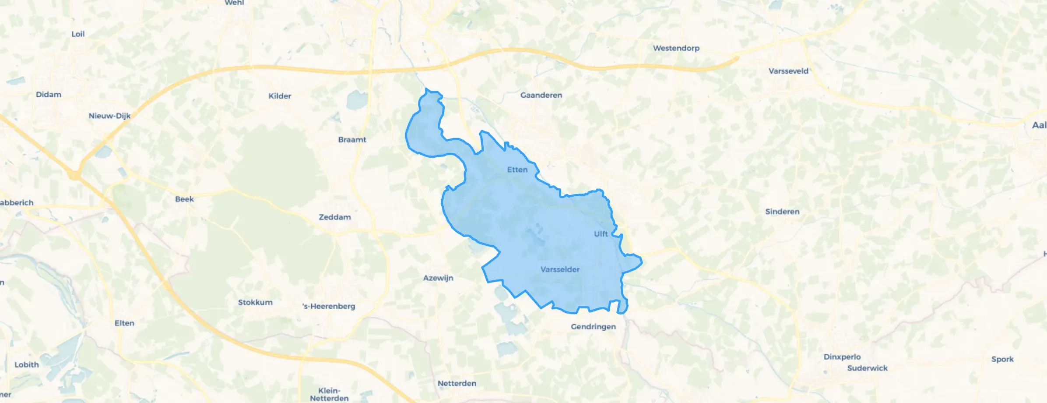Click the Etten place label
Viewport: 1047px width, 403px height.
point(517,170)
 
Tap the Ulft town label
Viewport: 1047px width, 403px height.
point(601,234)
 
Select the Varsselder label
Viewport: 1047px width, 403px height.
point(560,269)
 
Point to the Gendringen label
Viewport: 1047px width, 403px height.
point(593,327)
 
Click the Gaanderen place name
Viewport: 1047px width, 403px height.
point(541,95)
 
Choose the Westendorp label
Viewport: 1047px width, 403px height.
point(676,48)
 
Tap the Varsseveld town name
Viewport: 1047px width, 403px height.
point(788,71)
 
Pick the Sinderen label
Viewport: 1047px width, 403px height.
point(782,212)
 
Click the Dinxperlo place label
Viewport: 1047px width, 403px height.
point(842,357)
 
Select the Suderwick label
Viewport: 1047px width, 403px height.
point(867,368)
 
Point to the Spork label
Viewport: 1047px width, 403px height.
point(1002,359)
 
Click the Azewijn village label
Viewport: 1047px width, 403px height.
point(438,278)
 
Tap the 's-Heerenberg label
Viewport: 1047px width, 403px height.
point(329,306)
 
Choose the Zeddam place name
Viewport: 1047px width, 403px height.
point(335,217)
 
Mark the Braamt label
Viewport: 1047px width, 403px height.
point(352,140)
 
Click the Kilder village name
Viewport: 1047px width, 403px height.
point(280,96)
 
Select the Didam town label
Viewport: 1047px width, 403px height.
point(49,95)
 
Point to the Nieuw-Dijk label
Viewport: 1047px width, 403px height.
point(109,116)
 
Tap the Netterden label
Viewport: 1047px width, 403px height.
point(457,384)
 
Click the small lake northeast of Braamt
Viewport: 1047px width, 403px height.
point(357,100)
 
